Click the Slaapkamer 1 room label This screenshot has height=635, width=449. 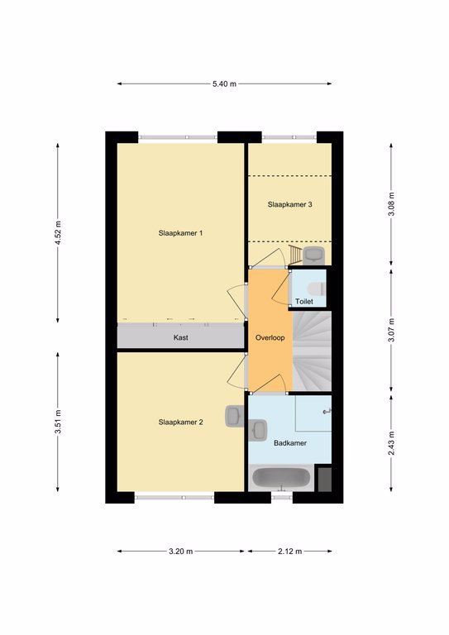point(180,233)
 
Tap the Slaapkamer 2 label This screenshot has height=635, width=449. point(180,423)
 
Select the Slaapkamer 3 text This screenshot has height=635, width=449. point(290,204)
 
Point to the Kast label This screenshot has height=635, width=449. point(180,337)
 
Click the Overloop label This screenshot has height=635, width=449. point(270,337)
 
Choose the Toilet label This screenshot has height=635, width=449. point(304,301)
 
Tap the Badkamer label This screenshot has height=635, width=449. point(290,443)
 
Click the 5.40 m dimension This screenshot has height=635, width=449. point(224,84)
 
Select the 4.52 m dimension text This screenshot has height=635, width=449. point(59,233)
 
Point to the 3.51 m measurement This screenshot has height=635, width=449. point(59,422)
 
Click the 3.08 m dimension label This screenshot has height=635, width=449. point(391,204)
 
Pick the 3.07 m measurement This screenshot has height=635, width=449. point(391,331)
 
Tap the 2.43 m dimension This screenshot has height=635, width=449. point(391,443)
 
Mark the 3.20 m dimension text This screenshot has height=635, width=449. point(180,551)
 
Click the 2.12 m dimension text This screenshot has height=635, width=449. point(290,551)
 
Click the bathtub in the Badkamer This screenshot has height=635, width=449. point(280,478)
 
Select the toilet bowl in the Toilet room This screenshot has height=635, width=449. point(317,289)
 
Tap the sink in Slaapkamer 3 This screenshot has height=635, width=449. point(313,255)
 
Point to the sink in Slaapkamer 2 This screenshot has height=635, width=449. point(234,416)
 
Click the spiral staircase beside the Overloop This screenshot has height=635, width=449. point(312,351)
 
